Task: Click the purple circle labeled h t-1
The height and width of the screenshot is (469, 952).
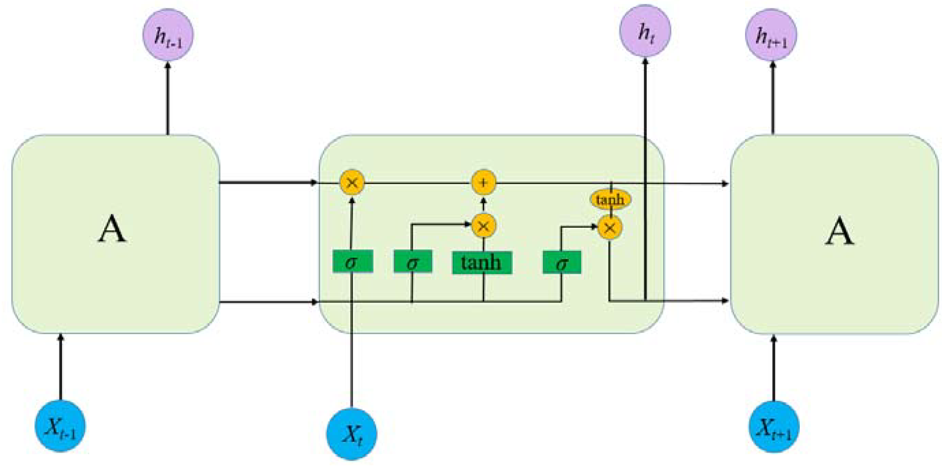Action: point(168,35)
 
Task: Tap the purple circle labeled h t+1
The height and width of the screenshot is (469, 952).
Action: point(771,35)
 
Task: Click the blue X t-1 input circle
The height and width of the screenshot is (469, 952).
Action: point(60,426)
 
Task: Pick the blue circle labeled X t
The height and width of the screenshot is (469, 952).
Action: point(351,434)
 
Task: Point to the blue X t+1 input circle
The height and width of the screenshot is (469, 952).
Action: point(774,426)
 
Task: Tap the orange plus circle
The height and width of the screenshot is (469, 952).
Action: point(484,182)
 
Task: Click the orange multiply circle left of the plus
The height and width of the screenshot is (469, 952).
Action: point(352,182)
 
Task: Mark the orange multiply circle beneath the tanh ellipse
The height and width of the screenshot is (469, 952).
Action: point(610,228)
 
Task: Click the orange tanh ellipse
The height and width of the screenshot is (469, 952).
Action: point(610,200)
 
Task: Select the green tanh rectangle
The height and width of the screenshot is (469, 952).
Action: point(482,263)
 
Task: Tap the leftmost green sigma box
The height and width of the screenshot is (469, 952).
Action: point(352,262)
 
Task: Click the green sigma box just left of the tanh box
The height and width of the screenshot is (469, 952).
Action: point(413,262)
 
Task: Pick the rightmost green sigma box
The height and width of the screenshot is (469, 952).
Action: point(562,262)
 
